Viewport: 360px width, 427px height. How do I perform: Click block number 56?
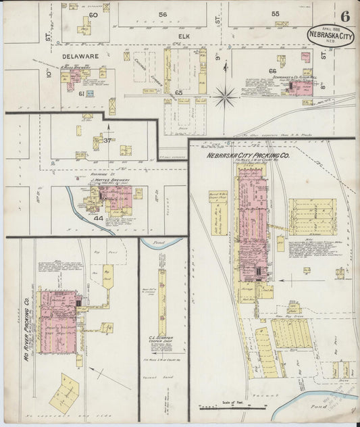(x=162, y=14)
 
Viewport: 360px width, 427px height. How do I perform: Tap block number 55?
(x=275, y=14)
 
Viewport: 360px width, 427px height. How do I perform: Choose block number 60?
(x=93, y=14)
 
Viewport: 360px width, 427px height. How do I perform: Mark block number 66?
(x=273, y=71)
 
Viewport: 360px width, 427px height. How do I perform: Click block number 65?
(x=179, y=92)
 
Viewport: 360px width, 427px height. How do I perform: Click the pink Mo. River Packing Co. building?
(x=59, y=322)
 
